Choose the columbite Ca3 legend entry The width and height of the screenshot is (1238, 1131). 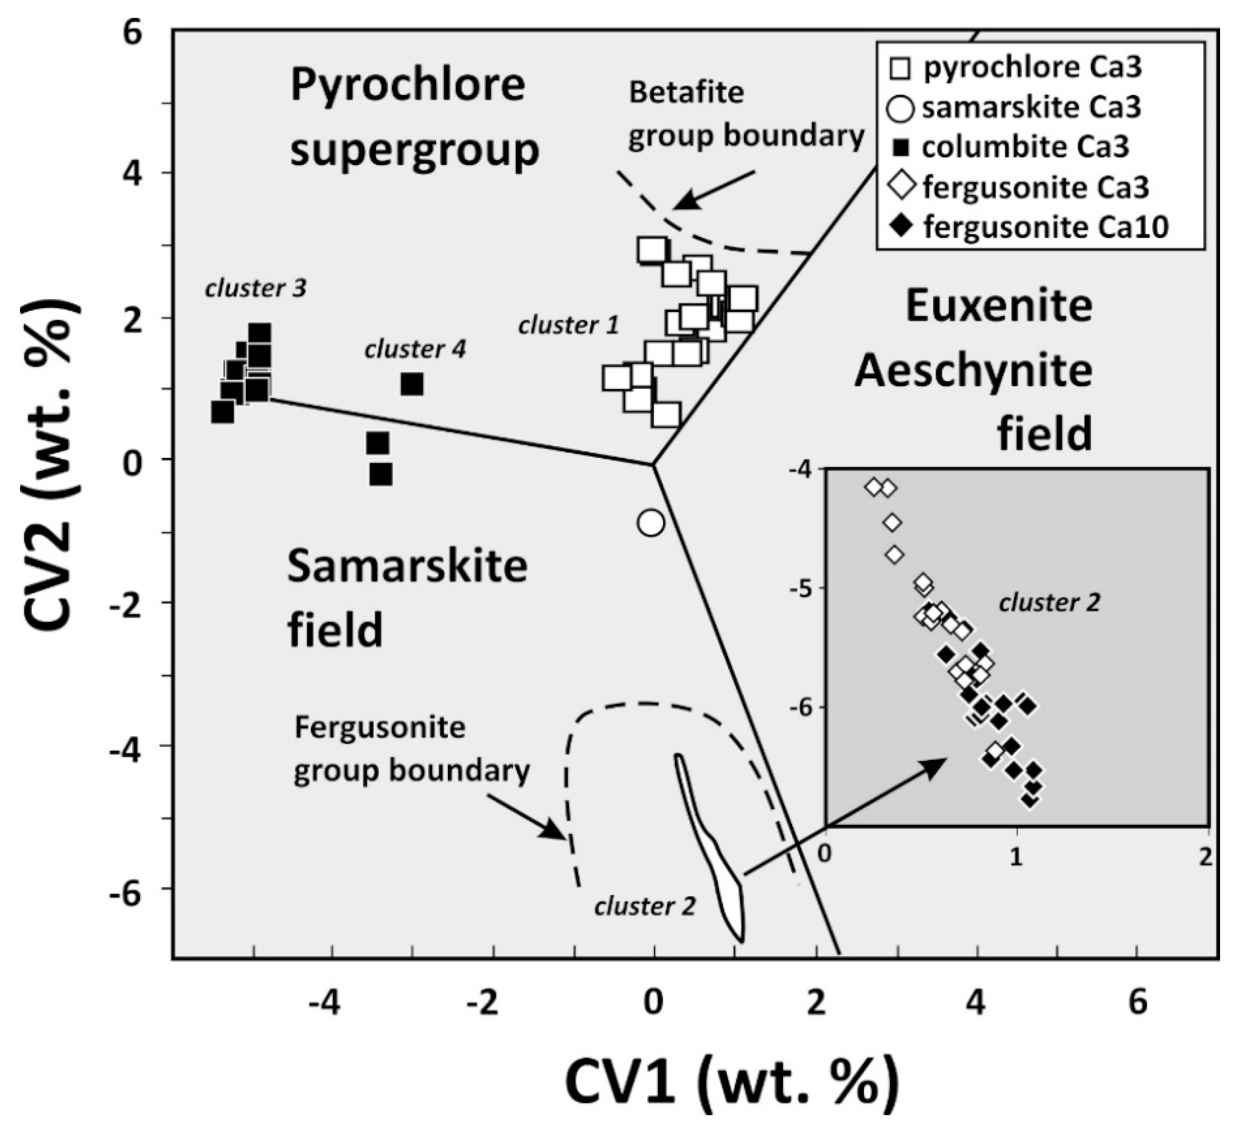pyautogui.click(x=1013, y=148)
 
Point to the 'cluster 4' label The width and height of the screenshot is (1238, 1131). pyautogui.click(x=415, y=349)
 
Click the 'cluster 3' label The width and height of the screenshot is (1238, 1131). pyautogui.click(x=256, y=288)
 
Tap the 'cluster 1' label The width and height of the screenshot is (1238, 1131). pyautogui.click(x=569, y=325)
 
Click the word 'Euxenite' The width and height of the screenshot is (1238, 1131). pyautogui.click(x=999, y=307)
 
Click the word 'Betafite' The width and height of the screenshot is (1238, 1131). pyautogui.click(x=686, y=93)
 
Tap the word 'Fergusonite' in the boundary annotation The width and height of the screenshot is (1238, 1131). pyautogui.click(x=380, y=727)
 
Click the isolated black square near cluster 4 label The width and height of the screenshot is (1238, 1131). pyautogui.click(x=412, y=384)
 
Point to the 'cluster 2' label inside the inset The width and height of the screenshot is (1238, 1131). pyautogui.click(x=1049, y=603)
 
